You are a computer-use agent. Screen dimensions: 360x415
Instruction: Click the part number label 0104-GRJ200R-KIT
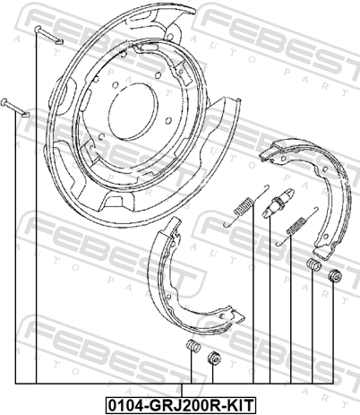[181, 405]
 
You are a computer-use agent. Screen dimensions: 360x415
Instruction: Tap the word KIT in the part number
[240, 405]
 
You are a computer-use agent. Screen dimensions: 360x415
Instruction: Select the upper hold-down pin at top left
[48, 35]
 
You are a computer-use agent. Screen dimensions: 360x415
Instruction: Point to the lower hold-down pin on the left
[15, 107]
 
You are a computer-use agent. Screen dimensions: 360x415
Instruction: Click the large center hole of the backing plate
[133, 108]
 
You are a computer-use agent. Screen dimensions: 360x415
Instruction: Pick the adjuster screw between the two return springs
[279, 203]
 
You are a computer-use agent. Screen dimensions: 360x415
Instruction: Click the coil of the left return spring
[244, 206]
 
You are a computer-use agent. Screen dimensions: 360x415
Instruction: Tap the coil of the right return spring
[296, 226]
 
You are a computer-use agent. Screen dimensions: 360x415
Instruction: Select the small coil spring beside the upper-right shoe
[314, 264]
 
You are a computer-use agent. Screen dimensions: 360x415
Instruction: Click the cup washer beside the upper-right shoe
[335, 276]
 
